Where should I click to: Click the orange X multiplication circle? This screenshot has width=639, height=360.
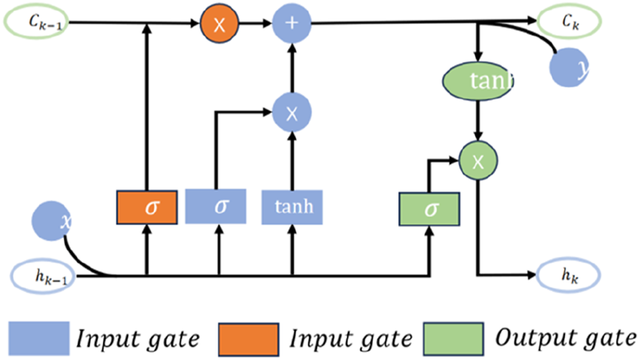click(220, 24)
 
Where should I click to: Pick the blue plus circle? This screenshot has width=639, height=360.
click(292, 24)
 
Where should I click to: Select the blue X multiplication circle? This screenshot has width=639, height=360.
click(292, 113)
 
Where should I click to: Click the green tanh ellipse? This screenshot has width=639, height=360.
click(476, 80)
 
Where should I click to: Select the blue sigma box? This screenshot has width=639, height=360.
click(219, 206)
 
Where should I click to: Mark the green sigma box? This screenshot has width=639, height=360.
click(429, 209)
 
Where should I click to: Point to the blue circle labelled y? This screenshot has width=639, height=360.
click(571, 70)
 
